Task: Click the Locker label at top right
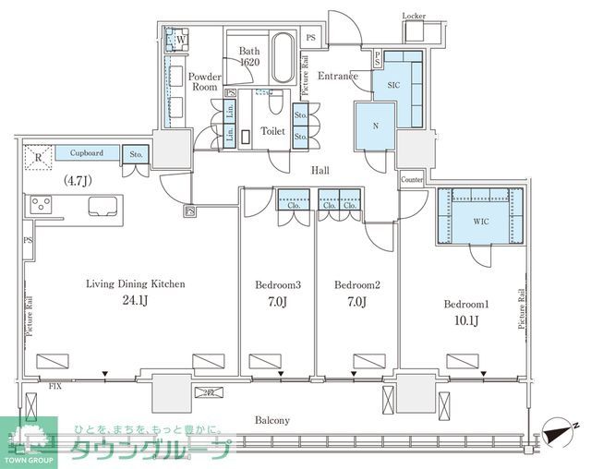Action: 415,16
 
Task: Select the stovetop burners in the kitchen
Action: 42,203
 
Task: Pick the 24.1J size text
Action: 136,301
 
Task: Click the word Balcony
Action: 271,420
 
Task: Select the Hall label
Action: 320,170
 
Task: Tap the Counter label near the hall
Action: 411,178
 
